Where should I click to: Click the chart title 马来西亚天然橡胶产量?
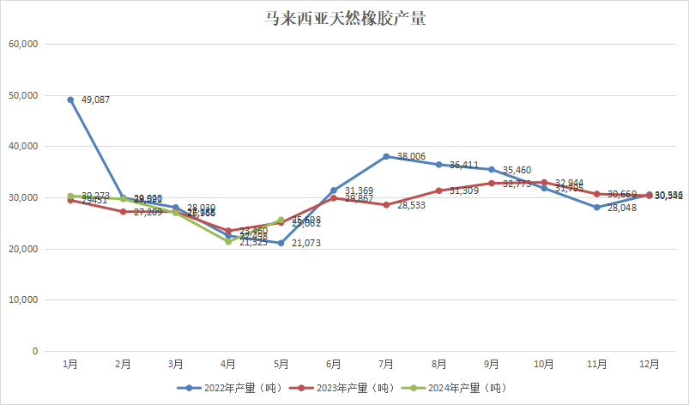344,18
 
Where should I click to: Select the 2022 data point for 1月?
70,100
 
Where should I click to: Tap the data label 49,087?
97,100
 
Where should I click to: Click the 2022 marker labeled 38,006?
386,156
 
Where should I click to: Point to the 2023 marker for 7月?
386,205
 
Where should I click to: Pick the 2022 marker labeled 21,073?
281,243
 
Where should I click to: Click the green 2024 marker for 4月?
228,241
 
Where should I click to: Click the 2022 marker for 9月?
492,169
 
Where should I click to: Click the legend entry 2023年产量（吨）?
345,387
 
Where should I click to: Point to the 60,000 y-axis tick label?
24,44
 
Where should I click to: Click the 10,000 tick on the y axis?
24,299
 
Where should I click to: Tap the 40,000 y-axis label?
24,146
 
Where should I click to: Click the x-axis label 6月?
334,364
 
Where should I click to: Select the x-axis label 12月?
650,364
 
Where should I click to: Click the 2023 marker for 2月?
123,211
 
